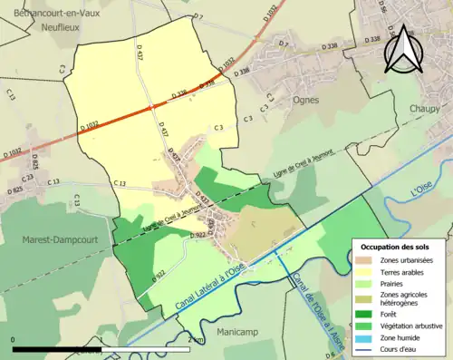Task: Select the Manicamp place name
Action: [x=236, y=332]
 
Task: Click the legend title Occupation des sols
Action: [x=397, y=247]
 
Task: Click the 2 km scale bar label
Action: [x=195, y=339]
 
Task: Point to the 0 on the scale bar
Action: [x=14, y=339]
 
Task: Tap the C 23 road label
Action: [x=28, y=178]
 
